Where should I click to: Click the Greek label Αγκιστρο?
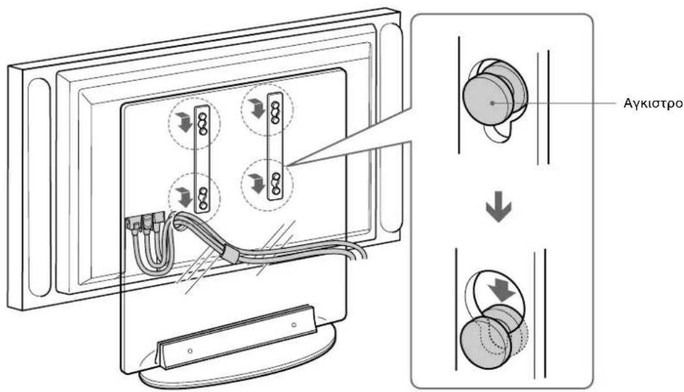pyautogui.click(x=653, y=104)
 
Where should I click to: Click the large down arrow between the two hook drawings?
pyautogui.click(x=499, y=206)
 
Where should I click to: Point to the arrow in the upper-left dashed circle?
pyautogui.click(x=183, y=122)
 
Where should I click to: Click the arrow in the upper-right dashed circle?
pyautogui.click(x=256, y=107)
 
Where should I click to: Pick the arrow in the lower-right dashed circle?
pyautogui.click(x=256, y=183)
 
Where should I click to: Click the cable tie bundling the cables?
pyautogui.click(x=230, y=254)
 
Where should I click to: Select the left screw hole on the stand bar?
pyautogui.click(x=190, y=350)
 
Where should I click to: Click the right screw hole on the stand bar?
pyautogui.click(x=294, y=325)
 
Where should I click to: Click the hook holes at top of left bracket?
pyautogui.click(x=202, y=123)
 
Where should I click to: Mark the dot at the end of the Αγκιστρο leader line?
pyautogui.click(x=492, y=103)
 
